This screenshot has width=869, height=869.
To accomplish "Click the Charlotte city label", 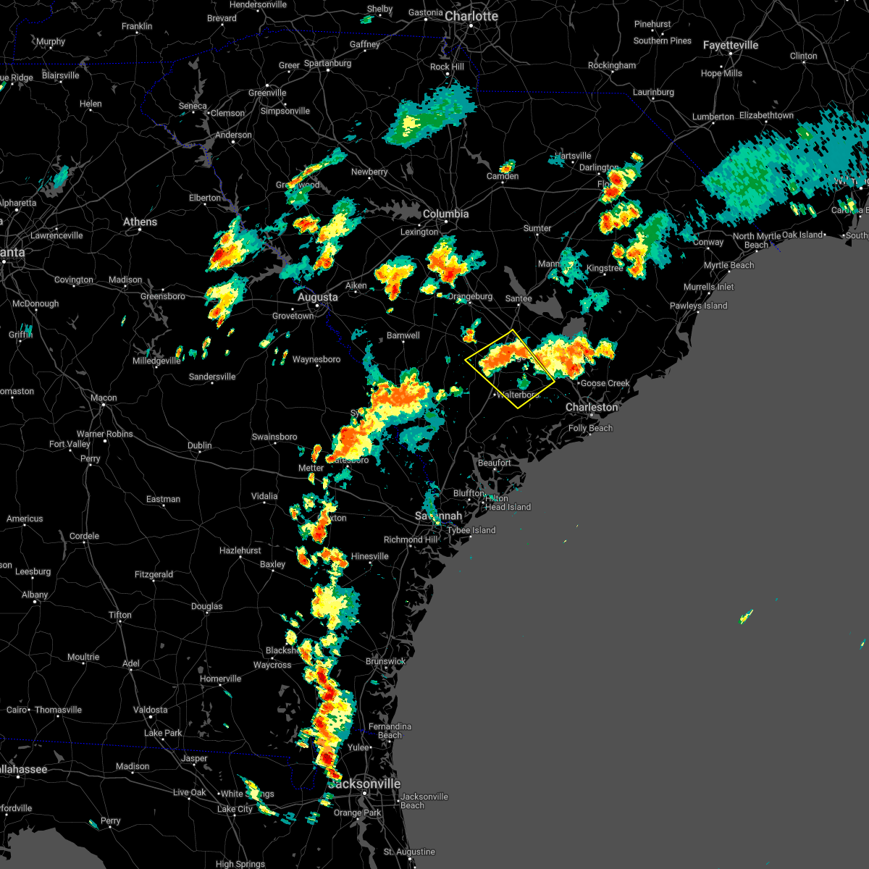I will pos(471,16).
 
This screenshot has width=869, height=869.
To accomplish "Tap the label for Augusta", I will pos(317,297).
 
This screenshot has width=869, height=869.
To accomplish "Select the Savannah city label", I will pos(438,516).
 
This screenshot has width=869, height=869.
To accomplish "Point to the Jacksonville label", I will pos(365,784).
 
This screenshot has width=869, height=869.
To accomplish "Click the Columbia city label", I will pos(445,214).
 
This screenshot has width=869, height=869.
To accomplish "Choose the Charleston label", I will pos(592,407).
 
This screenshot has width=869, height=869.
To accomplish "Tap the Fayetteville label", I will pos(730,45).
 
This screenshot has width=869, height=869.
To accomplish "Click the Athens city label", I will pos(140,222).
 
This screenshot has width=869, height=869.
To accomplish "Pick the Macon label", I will pos(104,398).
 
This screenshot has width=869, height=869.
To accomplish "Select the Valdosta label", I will pos(150,710).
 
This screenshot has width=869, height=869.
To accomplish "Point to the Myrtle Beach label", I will pos(729,265).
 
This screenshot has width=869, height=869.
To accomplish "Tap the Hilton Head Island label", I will pos(508,507).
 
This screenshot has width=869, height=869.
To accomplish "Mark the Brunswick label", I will pos(385,661).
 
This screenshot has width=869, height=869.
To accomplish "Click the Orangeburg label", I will pos(470,297).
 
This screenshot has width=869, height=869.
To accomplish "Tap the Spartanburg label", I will pos(327,63).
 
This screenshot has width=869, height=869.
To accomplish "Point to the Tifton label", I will pos(120,615).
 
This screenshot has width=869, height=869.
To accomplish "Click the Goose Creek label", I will pos(605,383).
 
